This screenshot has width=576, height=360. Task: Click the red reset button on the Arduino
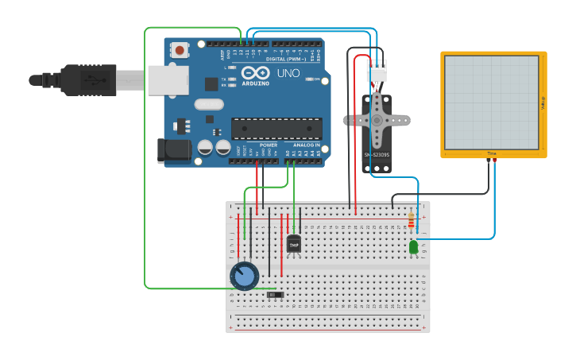pos(180,50)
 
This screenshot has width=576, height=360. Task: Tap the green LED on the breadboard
pos(414,248)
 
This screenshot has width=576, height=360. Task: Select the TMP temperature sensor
pos(294,245)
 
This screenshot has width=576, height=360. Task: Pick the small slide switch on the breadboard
pos(275,295)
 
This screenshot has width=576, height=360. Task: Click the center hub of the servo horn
pos(377,120)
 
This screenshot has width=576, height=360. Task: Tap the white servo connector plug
pos(377,71)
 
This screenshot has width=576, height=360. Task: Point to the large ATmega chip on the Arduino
pos(276,127)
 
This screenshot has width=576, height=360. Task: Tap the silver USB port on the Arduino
pos(168,79)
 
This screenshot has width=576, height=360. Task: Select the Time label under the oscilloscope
pos(492,153)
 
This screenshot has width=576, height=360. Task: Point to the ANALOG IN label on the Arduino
pos(306,145)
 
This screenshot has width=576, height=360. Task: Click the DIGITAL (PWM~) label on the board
pos(288,59)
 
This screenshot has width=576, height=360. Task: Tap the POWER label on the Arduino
pos(269,145)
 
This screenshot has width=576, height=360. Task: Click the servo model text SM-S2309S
pos(377,155)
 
